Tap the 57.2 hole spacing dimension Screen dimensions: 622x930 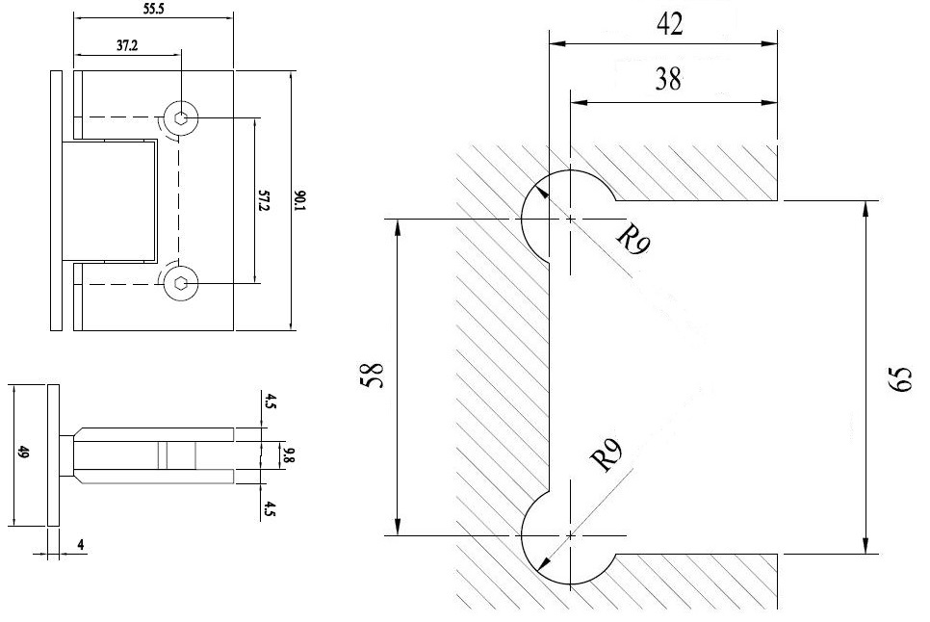(264, 200)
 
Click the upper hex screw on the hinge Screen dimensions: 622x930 (182, 119)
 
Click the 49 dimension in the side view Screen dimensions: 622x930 (23, 453)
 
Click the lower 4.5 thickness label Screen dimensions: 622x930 (271, 508)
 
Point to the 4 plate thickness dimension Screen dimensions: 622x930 (81, 545)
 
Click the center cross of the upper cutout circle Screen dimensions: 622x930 (571, 220)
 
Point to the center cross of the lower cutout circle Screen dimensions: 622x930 (571, 534)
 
